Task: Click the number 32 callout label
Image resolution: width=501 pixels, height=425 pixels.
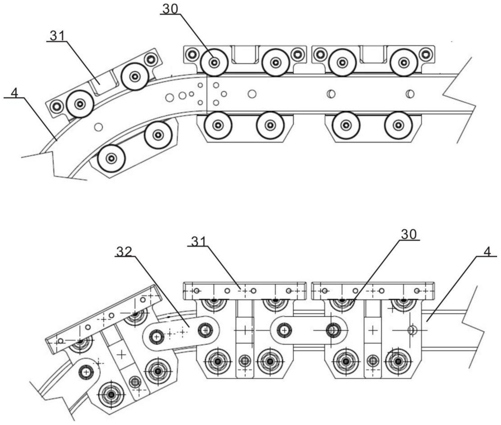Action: pyautogui.click(x=124, y=252)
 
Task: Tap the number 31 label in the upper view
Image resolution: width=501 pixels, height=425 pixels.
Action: pyautogui.click(x=57, y=36)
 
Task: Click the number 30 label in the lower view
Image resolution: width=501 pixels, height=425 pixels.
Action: pyautogui.click(x=409, y=235)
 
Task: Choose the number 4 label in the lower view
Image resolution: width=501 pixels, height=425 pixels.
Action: pyautogui.click(x=488, y=252)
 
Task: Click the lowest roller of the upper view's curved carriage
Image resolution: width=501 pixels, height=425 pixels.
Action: pyautogui.click(x=112, y=158)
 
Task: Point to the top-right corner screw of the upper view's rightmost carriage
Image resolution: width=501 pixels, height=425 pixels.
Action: pyautogui.click(x=425, y=54)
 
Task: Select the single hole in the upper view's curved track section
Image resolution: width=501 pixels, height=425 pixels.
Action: pyautogui.click(x=98, y=127)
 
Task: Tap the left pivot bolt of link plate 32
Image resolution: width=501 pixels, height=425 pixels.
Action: pyautogui.click(x=156, y=337)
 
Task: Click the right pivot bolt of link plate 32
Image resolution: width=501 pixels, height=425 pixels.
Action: pyautogui.click(x=205, y=330)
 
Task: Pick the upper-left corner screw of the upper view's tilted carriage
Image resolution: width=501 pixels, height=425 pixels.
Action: pyautogui.click(x=56, y=106)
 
